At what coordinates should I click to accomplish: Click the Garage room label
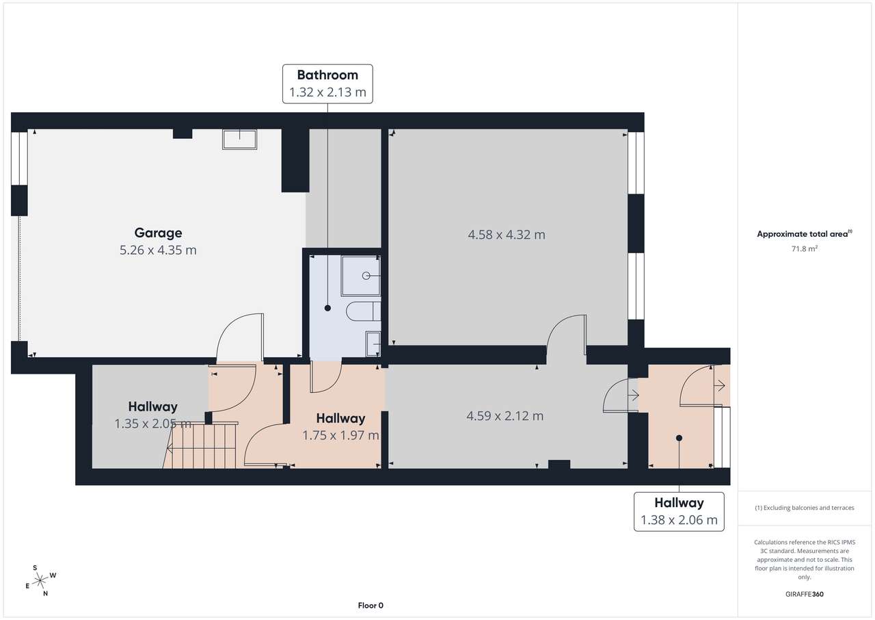158,233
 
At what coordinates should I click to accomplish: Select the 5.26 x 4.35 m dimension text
158,250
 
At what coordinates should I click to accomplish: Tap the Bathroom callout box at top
327,83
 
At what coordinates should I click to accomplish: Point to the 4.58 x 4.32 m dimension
506,235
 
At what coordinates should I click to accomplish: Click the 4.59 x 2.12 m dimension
504,415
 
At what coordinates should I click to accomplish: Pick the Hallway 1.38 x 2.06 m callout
678,511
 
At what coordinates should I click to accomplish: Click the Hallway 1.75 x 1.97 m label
340,426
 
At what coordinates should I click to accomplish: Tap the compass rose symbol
40,580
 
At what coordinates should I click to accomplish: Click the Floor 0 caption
371,605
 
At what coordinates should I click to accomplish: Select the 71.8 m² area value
805,249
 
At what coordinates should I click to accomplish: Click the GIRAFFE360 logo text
805,594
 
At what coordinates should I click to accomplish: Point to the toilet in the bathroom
363,311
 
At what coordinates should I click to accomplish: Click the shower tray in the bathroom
361,276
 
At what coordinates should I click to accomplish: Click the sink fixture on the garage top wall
239,139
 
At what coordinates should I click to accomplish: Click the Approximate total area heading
804,234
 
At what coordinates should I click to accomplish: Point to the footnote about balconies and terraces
804,508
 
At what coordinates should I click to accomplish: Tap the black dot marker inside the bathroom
327,309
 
